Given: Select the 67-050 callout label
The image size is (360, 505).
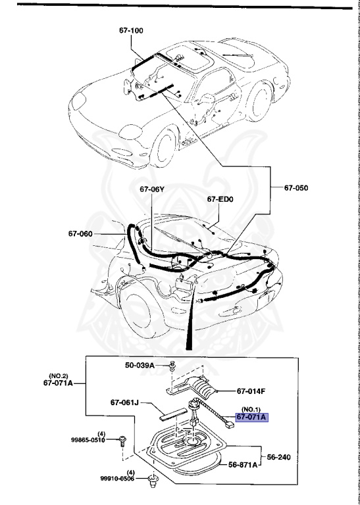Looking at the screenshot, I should coord(296,188).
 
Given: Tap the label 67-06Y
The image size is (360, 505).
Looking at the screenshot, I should coord(151,189).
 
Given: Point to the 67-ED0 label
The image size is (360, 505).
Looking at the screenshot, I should coord(220,199).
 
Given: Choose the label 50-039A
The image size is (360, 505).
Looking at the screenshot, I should coord(140,365).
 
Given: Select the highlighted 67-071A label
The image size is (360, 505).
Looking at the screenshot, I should coord(253,417).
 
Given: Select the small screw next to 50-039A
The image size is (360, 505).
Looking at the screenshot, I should coord(171,365).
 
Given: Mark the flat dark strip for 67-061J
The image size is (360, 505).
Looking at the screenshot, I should coord(172,415).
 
